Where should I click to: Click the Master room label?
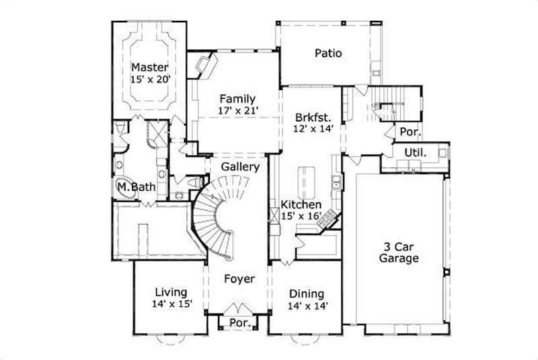149,67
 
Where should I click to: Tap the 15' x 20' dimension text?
149,79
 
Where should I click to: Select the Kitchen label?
301,204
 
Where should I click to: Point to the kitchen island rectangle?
306,180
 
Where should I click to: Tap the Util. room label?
414,153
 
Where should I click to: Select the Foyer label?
239,279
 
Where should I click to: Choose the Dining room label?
307,293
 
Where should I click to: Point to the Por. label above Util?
410,132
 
